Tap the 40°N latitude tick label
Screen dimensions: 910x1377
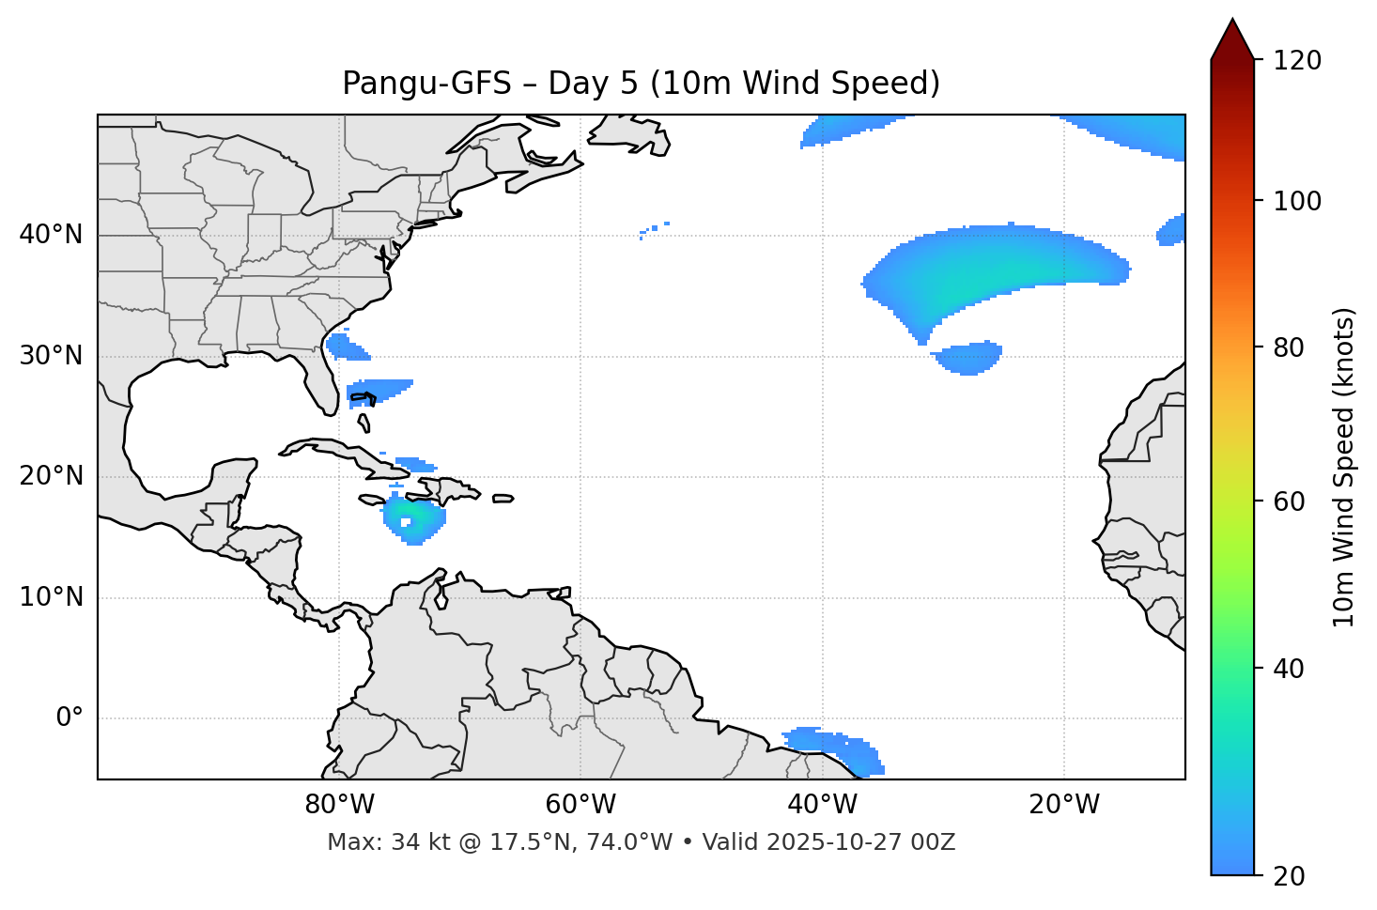[51, 235]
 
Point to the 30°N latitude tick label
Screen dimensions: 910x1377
[51, 356]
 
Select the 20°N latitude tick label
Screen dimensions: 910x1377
[51, 476]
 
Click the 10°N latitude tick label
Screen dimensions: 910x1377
[51, 597]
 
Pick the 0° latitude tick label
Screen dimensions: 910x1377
[70, 718]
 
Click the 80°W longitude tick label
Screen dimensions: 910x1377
[339, 805]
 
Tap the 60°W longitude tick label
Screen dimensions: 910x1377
[580, 805]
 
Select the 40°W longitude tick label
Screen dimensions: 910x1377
[822, 805]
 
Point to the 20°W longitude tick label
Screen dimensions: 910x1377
[1063, 805]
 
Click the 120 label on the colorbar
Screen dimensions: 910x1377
[1297, 61]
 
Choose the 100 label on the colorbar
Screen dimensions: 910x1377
[1297, 201]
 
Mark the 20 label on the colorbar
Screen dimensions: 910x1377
[1289, 876]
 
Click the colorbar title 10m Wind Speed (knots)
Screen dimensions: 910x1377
[1344, 467]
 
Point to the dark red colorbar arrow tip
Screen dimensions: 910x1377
[1232, 23]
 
